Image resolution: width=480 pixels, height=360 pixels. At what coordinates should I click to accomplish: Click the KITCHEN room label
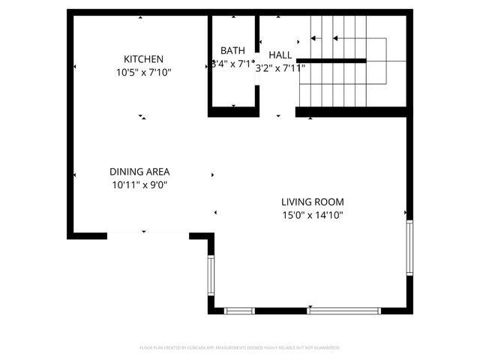coord(143,59)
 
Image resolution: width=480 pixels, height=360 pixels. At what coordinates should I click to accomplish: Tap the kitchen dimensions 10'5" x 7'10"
coord(143,72)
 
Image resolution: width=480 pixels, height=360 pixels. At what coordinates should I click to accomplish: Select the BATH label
coord(232,52)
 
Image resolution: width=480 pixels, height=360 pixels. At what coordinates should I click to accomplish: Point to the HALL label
coord(280,55)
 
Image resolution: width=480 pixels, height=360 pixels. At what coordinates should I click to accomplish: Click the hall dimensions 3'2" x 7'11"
coord(280,67)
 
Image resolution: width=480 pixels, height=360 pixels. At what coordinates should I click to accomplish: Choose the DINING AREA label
coord(139,171)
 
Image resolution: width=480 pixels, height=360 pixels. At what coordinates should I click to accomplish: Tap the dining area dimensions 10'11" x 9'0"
coord(139,184)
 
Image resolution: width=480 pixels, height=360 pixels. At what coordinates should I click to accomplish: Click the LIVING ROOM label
coord(312,202)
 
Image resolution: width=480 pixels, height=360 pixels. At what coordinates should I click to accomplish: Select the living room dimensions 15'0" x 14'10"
coord(312,214)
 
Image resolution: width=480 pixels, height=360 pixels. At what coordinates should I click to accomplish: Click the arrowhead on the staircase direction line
coord(334,37)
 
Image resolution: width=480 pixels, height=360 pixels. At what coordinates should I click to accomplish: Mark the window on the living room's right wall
coord(409,247)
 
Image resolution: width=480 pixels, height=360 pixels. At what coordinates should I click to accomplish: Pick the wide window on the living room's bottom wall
coord(344,310)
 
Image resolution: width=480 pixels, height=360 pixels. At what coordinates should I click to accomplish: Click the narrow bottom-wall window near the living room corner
coord(240,310)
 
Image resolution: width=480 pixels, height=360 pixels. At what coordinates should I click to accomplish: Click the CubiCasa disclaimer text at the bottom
coord(240,348)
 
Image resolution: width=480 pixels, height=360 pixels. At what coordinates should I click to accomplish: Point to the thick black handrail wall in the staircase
coord(334,60)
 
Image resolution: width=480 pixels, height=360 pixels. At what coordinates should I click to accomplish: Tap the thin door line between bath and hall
coord(256,96)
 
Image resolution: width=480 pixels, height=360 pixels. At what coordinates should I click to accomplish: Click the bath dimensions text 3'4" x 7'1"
coord(232,64)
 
